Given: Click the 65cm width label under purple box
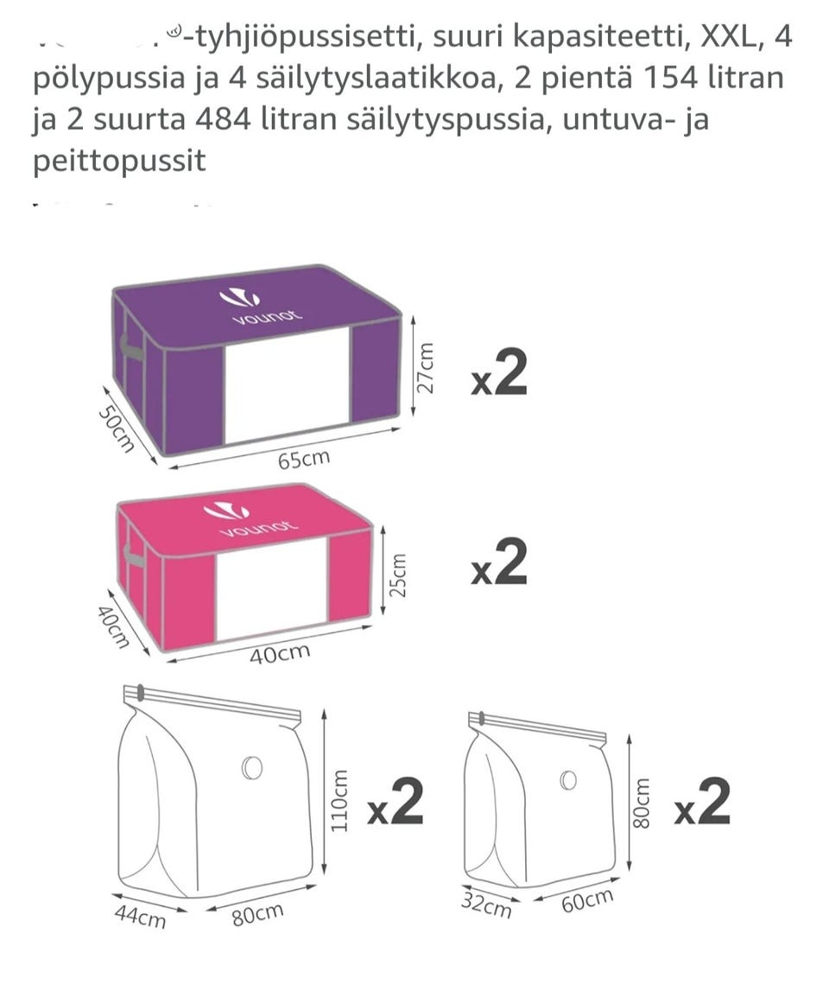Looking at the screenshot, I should coord(303,459).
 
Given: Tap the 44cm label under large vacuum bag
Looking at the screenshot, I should coord(140,916).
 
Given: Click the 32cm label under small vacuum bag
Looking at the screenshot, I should coord(485,906).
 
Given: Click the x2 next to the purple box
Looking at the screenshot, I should coord(498,376).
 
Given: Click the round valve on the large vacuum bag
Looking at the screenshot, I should coord(252,767).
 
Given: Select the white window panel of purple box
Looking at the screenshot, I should coord(287,384).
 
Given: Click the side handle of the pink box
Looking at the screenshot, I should coord(134,556).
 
